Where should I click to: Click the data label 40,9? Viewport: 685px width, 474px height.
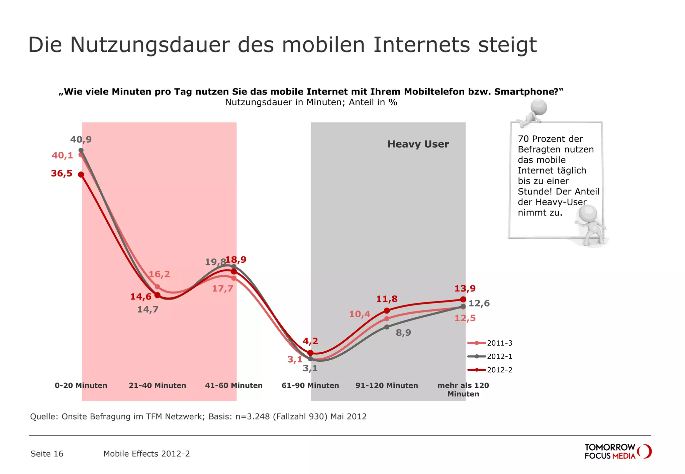[x=81, y=139]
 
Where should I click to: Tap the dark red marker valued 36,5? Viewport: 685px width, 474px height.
[x=81, y=174]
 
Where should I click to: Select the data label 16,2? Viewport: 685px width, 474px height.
[x=159, y=274]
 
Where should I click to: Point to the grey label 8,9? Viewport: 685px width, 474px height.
[x=403, y=333]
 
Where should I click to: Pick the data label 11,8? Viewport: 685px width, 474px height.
[x=387, y=299]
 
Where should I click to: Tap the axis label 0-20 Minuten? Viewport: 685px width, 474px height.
[x=81, y=385]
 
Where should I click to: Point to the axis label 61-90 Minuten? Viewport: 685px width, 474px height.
[x=310, y=385]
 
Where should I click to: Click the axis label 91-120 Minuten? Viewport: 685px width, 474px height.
[x=387, y=385]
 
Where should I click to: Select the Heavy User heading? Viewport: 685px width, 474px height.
[x=418, y=144]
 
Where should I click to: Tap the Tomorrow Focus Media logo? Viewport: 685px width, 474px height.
[x=617, y=452]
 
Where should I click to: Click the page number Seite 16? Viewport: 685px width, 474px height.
[x=47, y=454]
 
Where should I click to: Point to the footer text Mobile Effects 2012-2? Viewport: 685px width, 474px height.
[x=146, y=454]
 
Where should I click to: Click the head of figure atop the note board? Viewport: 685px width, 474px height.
[x=539, y=107]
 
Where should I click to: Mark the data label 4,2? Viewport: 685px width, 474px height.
[x=310, y=341]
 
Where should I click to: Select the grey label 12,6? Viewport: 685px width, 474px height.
[x=479, y=304]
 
